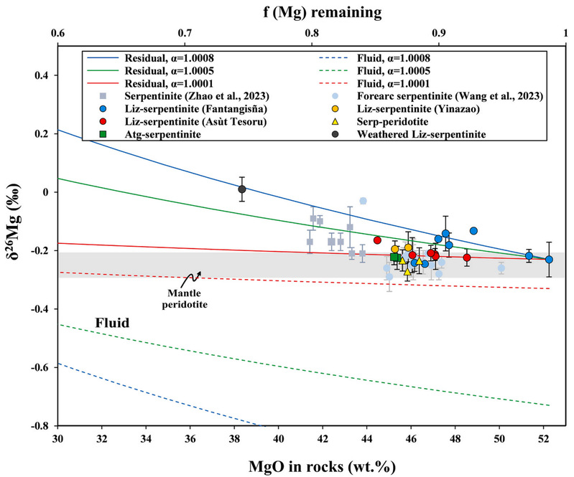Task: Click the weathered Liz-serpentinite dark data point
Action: click(x=242, y=189)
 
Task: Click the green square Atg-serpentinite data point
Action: click(x=394, y=257)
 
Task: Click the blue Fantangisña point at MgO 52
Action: click(x=549, y=260)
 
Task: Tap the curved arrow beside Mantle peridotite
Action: click(x=193, y=275)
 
